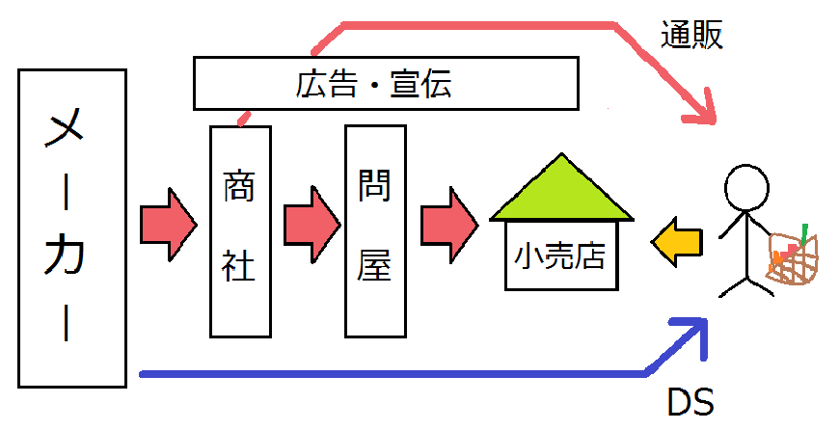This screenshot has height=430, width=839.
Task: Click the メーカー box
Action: [x=72, y=228]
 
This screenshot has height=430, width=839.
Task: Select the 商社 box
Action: [x=240, y=231]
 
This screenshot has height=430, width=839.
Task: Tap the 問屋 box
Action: [x=375, y=231]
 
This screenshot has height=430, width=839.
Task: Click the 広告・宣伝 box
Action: [x=386, y=84]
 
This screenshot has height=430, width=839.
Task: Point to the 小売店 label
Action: [x=559, y=255]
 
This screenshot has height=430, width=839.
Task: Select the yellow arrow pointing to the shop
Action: [x=676, y=242]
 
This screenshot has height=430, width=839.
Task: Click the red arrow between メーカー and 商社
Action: [x=169, y=225]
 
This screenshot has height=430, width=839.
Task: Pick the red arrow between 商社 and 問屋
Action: [x=311, y=225]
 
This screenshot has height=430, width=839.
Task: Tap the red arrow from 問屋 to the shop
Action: [x=449, y=225]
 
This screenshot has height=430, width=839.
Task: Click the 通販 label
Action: [x=691, y=35]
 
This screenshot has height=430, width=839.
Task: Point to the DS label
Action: [x=690, y=402]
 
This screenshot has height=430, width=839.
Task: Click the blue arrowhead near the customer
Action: [x=690, y=335]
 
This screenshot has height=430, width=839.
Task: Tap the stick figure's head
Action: [x=746, y=188]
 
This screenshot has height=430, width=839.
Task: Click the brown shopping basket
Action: [x=793, y=258]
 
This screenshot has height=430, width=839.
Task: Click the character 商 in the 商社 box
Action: [x=238, y=185]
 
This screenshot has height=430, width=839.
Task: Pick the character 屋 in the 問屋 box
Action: [x=374, y=266]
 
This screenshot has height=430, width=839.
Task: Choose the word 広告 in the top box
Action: [x=326, y=84]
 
